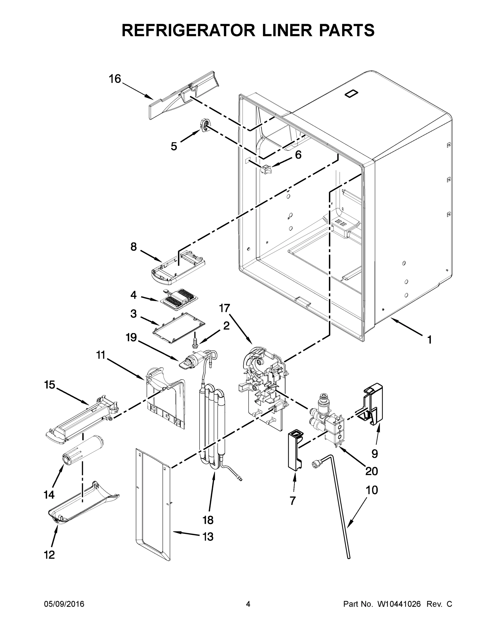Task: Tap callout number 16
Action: coord(115,79)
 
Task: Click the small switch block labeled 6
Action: coord(265,169)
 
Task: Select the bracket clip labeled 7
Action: coord(294,452)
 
